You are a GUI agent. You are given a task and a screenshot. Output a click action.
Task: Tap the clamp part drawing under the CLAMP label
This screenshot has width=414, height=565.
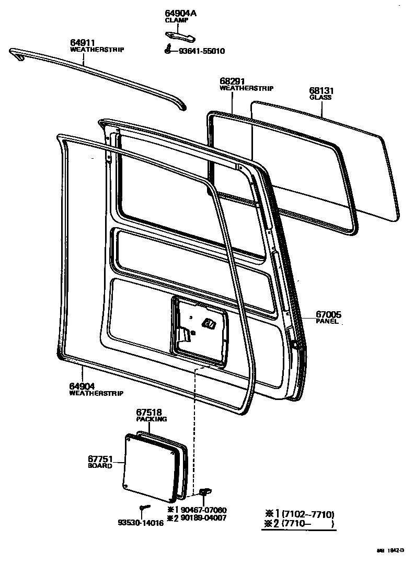[x=180, y=36]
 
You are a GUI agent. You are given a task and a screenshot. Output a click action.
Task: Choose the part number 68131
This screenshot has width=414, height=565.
[x=320, y=90]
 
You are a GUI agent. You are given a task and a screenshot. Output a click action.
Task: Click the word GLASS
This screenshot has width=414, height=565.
[x=320, y=97]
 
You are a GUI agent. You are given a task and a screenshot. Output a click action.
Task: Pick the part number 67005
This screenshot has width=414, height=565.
[x=328, y=314]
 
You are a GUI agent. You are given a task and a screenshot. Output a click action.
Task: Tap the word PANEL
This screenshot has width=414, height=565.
[x=327, y=322]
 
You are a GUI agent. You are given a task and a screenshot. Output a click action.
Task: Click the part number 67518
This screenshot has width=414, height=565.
[x=149, y=411]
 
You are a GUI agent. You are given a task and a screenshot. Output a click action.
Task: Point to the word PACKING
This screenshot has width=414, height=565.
[x=152, y=419]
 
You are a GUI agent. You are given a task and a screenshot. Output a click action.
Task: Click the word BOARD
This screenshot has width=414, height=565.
[x=100, y=466]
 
